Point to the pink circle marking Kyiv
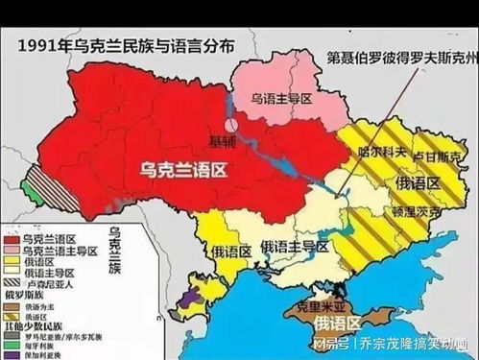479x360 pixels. point(231,124)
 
